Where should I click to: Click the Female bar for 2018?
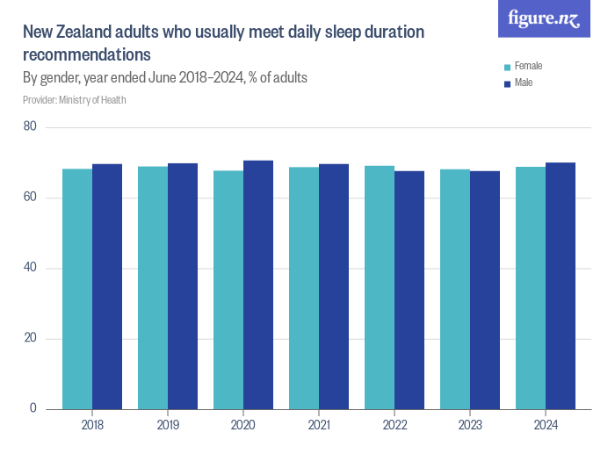[76, 289]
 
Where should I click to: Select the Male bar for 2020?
[258, 285]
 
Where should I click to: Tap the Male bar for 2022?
[409, 290]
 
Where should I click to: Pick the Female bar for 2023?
[454, 289]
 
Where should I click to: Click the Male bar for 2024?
[561, 285]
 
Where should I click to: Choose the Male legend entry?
[523, 83]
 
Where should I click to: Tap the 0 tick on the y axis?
[33, 409]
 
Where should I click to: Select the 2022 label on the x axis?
[394, 426]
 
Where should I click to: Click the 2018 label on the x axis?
[92, 426]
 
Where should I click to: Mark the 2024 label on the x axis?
[546, 426]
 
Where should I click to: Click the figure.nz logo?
[545, 19]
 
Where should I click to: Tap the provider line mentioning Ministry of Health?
[75, 100]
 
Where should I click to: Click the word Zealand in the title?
[92, 32]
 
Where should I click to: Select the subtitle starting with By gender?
[164, 78]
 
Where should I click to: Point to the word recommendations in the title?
[87, 54]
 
